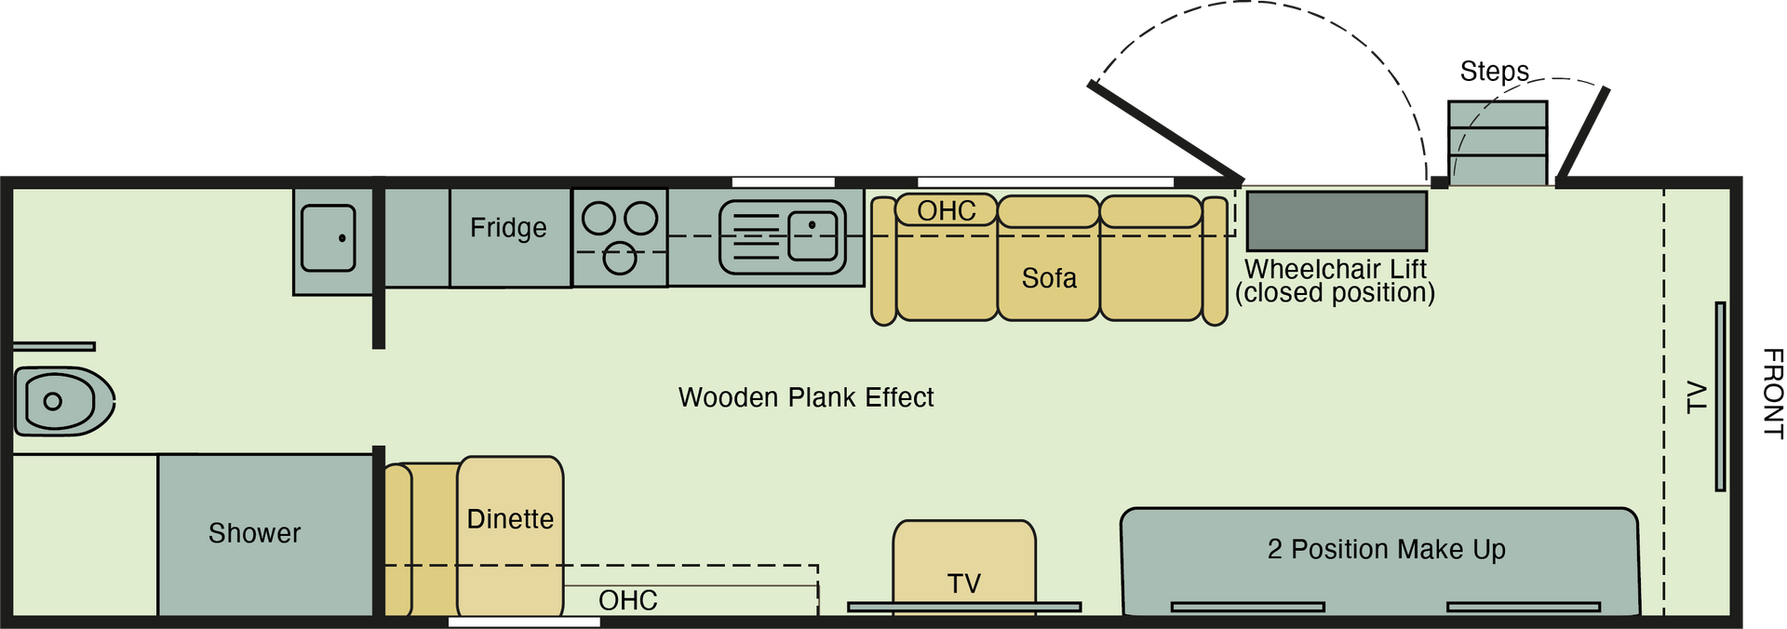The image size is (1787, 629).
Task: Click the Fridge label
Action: (x=508, y=228)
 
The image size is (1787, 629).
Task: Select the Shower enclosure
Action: (x=265, y=534)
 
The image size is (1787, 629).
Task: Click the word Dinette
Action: (x=510, y=519)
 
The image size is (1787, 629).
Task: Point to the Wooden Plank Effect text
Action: (x=806, y=397)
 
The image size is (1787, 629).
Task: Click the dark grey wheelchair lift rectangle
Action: (x=1337, y=221)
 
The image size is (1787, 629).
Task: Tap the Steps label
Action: (x=1494, y=72)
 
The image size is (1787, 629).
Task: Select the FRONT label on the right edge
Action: (x=1773, y=393)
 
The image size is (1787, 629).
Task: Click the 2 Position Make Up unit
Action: (x=1379, y=561)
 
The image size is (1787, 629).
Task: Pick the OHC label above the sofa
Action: (x=947, y=211)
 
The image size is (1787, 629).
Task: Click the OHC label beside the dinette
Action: (x=627, y=601)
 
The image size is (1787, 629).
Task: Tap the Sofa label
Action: (x=1049, y=278)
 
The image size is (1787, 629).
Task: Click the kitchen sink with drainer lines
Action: (x=783, y=237)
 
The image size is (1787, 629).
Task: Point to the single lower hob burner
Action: (x=620, y=258)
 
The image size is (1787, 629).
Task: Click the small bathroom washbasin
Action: (x=329, y=238)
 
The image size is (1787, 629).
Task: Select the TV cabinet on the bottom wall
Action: (x=964, y=567)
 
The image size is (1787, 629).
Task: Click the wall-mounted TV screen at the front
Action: (x=1720, y=396)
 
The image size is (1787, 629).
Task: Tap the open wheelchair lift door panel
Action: (x=1166, y=132)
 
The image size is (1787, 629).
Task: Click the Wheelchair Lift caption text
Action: (x=1335, y=281)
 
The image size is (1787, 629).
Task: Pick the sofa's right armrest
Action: (x=1215, y=261)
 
